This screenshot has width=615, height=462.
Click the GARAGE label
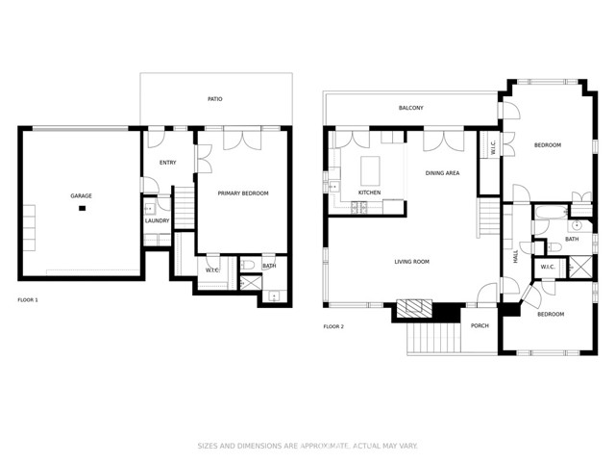click(x=81, y=195)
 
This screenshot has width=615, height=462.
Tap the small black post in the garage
click(x=83, y=208)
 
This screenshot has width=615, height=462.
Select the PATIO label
click(x=217, y=98)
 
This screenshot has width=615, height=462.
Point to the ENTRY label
click(x=167, y=162)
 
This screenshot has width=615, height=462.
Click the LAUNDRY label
click(x=157, y=220)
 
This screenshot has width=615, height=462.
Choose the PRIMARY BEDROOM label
click(x=243, y=193)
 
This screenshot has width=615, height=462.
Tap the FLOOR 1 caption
click(x=28, y=300)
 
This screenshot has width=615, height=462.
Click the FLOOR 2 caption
click(x=333, y=326)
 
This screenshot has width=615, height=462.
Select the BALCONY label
click(x=411, y=108)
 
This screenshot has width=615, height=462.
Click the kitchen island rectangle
click(x=371, y=171)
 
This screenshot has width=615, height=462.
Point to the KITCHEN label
click(x=369, y=192)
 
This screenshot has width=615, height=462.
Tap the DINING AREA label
click(x=442, y=173)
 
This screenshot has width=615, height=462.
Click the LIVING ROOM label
click(x=411, y=261)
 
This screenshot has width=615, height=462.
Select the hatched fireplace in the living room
click(x=415, y=309)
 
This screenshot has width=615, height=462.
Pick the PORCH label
click(x=480, y=325)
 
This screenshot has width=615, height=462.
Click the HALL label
click(x=515, y=257)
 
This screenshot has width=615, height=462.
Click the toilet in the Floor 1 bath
click(x=247, y=266)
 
